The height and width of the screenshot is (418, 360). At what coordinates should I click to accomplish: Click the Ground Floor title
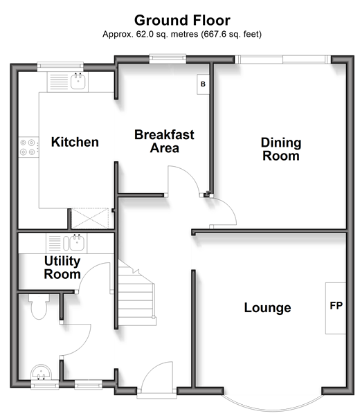click(x=182, y=20)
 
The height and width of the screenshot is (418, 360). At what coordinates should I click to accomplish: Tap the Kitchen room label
click(x=75, y=142)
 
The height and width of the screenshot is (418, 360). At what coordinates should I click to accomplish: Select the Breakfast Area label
click(x=164, y=141)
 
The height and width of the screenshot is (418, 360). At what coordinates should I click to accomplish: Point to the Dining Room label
click(x=281, y=149)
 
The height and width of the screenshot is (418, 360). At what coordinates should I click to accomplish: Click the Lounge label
click(x=267, y=308)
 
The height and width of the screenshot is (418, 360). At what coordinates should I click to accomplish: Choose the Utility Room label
click(x=62, y=267)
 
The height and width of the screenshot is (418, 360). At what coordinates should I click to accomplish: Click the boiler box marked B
click(x=203, y=84)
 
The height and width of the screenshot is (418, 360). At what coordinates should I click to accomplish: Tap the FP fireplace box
click(x=336, y=308)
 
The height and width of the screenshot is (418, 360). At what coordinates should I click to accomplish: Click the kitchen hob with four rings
click(x=28, y=147)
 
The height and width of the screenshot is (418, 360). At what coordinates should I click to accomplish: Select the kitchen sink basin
click(x=78, y=81)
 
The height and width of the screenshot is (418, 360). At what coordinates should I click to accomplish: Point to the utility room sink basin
click(x=77, y=243)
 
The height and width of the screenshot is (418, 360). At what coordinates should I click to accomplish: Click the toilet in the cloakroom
click(x=39, y=307)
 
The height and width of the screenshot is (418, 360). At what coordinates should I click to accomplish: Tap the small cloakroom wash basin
click(x=41, y=372)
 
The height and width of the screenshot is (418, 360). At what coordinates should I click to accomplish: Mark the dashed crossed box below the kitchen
click(x=90, y=218)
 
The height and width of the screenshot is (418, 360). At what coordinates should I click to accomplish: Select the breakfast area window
click(x=168, y=58)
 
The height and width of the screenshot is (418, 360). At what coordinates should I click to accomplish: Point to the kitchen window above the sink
click(x=60, y=66)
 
